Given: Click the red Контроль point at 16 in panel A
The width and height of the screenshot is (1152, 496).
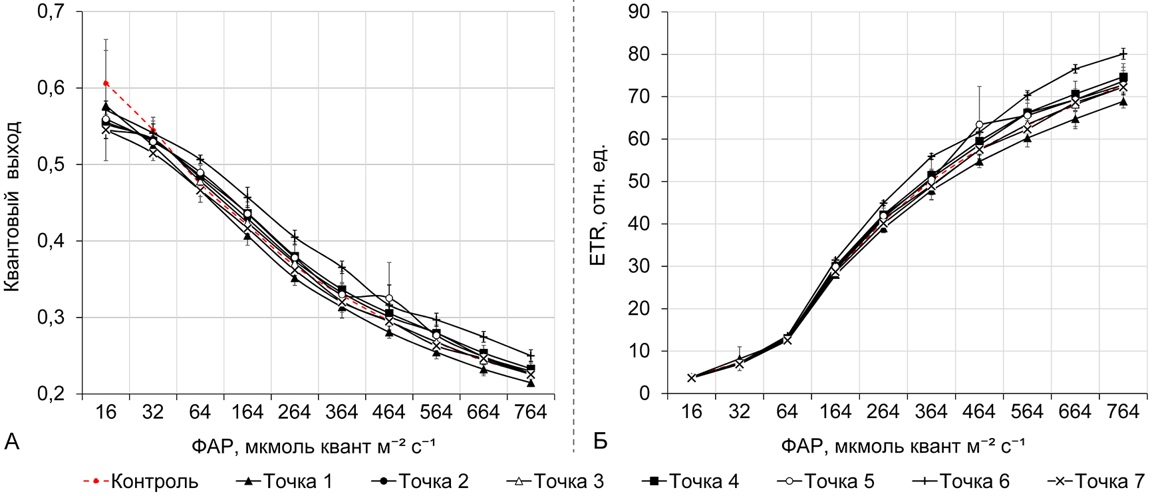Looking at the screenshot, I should click(x=106, y=83).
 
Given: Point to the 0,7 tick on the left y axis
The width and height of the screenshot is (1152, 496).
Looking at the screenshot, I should click(x=56, y=12).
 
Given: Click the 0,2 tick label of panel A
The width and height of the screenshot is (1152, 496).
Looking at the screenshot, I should click(x=56, y=393).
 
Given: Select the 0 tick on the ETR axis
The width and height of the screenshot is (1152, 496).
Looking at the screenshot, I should click(x=645, y=393).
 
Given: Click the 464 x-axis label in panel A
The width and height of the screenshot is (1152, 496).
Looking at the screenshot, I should click(x=389, y=412).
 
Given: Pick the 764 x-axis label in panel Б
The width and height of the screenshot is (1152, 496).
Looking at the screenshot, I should click(x=1123, y=412).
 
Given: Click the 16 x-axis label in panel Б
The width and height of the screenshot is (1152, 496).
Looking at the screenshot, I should click(x=692, y=412).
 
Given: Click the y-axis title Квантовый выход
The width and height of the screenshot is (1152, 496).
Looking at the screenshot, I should click(x=13, y=206).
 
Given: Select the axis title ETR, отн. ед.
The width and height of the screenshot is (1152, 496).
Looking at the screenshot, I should click(x=598, y=204).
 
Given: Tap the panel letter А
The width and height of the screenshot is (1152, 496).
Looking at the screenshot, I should click(x=12, y=441).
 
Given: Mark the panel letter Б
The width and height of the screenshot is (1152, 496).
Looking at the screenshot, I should click(x=600, y=441).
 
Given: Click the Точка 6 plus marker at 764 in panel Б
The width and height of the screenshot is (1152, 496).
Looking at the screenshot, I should click(x=1123, y=54).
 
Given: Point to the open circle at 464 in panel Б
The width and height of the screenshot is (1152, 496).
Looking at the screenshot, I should click(x=979, y=124).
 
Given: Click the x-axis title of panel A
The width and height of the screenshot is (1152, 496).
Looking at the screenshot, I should click(x=313, y=445).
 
